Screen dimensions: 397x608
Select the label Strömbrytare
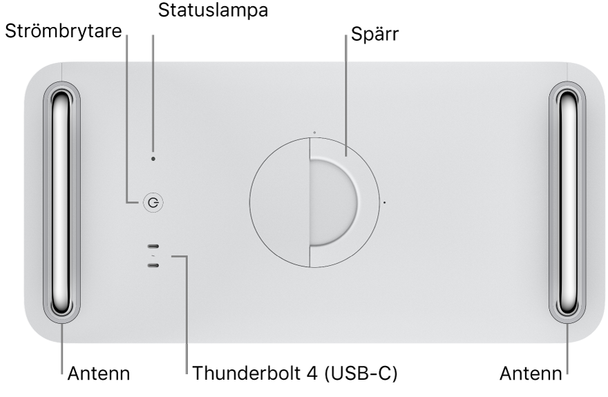63,31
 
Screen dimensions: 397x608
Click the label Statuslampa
202,10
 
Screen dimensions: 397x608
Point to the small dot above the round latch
314,131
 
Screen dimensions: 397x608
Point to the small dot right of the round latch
385,203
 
